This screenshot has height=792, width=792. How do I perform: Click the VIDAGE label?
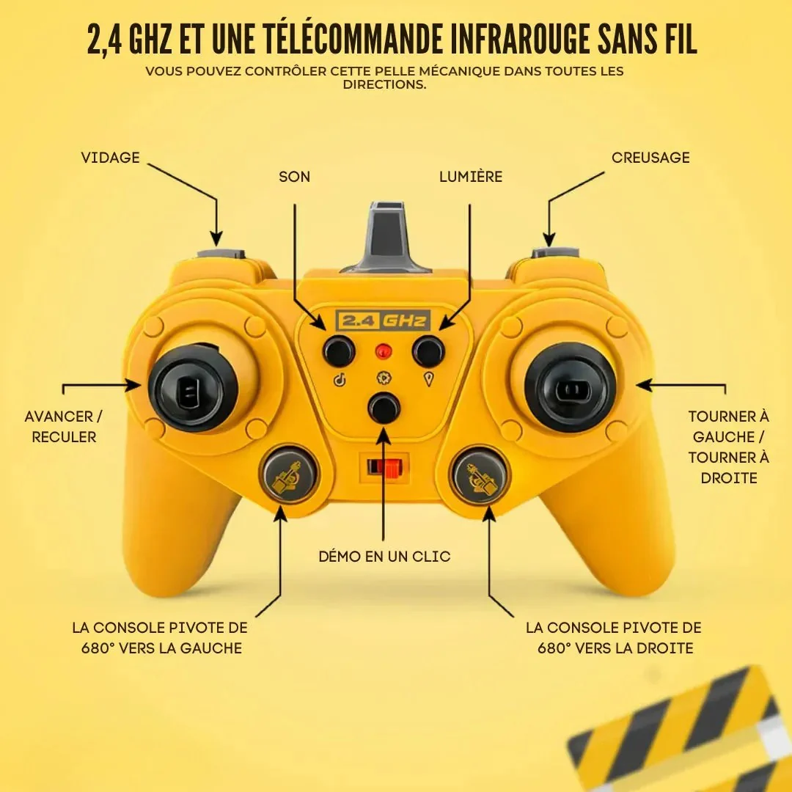pyautogui.click(x=110, y=158)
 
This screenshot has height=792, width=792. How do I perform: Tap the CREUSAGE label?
pyautogui.click(x=650, y=158)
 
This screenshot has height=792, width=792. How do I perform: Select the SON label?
pyautogui.click(x=295, y=177)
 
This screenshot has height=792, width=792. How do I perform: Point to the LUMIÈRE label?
pyautogui.click(x=471, y=176)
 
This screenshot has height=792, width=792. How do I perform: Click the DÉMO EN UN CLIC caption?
pyautogui.click(x=384, y=556)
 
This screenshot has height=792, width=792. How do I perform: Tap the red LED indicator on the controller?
pyautogui.click(x=384, y=351)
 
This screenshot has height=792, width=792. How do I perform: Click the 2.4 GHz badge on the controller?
pyautogui.click(x=384, y=320)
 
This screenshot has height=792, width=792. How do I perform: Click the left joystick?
pyautogui.click(x=193, y=388)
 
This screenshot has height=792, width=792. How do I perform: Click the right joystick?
pyautogui.click(x=571, y=388)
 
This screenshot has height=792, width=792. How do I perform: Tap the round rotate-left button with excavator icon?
pyautogui.click(x=288, y=474)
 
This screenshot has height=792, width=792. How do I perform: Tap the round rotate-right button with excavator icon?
pyautogui.click(x=480, y=474)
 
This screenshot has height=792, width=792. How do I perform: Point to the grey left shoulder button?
pyautogui.click(x=221, y=254)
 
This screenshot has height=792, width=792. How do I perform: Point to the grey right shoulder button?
pyautogui.click(x=554, y=252)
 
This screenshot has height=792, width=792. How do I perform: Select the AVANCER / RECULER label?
pyautogui.click(x=64, y=427)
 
